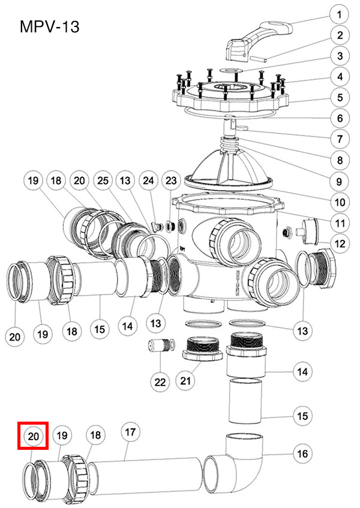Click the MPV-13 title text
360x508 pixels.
pos(49,27)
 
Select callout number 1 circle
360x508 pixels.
pos(339,14)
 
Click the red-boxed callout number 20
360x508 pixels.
pos(34,437)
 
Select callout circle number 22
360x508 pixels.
pos(160,380)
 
